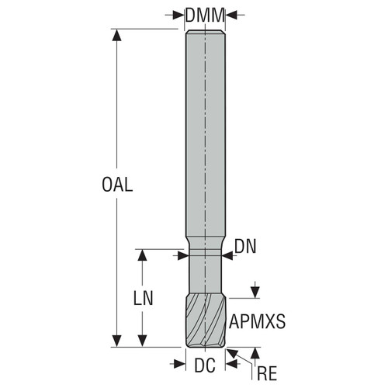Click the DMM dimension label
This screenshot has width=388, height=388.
click(x=205, y=14)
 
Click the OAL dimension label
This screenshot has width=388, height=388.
click(x=117, y=185)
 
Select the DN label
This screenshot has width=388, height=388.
click(x=246, y=248)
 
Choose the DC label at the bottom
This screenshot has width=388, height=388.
click(x=205, y=365)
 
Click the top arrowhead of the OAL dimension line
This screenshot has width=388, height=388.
click(x=117, y=36)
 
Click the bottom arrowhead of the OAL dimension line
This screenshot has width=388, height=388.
click(x=117, y=341)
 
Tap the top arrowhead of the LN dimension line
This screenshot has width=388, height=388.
click(x=142, y=255)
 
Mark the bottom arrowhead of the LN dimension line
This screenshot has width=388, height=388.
click(x=142, y=341)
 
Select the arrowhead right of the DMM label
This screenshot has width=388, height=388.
click(x=230, y=14)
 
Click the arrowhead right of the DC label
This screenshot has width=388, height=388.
click(x=230, y=362)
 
